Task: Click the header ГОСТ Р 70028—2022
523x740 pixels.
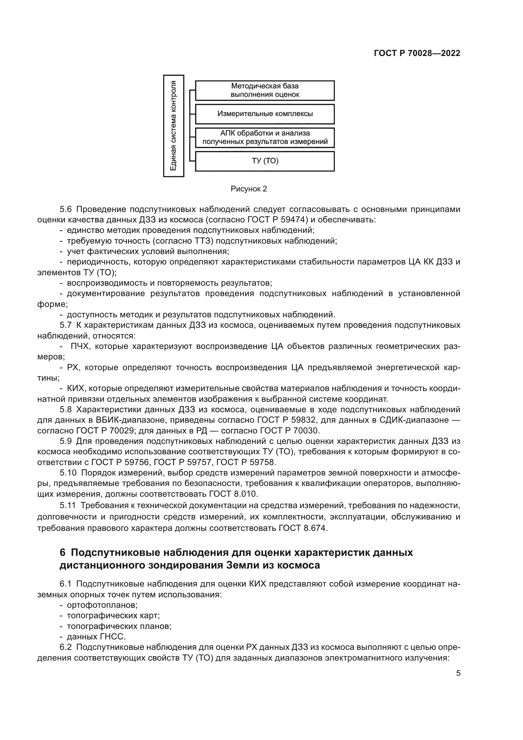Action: point(417,53)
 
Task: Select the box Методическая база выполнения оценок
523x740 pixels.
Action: point(265,90)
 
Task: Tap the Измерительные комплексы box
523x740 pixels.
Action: point(265,114)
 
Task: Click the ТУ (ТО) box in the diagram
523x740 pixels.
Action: point(265,161)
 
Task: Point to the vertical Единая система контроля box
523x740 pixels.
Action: point(174,126)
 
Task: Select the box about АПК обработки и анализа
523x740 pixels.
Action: point(265,138)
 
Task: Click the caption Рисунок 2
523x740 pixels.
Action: point(249,189)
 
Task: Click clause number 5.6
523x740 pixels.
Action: point(65,209)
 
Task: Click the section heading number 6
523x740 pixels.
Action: point(63,553)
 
